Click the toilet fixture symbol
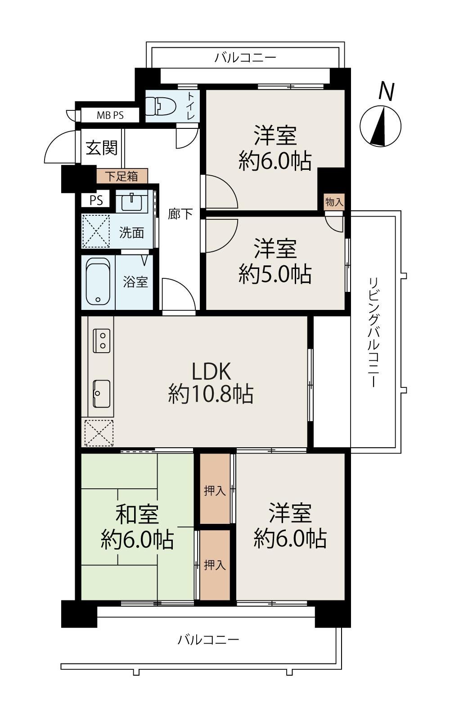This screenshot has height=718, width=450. pyautogui.click(x=161, y=106)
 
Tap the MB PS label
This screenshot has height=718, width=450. pyautogui.click(x=110, y=115)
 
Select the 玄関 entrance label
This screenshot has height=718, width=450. pyautogui.click(x=102, y=148)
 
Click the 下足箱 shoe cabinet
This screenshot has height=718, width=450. pyautogui.click(x=122, y=176)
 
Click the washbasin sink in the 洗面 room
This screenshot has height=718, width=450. pyautogui.click(x=132, y=202)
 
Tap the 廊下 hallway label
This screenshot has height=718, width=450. pyautogui.click(x=180, y=214)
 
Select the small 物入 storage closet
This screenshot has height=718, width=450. pyautogui.click(x=334, y=202)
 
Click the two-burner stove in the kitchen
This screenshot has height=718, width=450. pyautogui.click(x=102, y=341)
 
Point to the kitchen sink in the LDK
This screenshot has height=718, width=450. pyautogui.click(x=102, y=394)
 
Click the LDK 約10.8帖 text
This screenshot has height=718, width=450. pyautogui.click(x=211, y=382)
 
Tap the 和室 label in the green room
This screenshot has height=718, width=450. pyautogui.click(x=137, y=514)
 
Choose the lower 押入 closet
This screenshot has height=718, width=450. pyautogui.click(x=215, y=565)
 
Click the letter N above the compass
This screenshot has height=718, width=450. pyautogui.click(x=387, y=91)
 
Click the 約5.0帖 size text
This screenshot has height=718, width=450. pyautogui.click(x=275, y=274)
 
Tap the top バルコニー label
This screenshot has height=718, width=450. pyautogui.click(x=245, y=58)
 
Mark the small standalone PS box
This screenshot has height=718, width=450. pyautogui.click(x=96, y=200)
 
